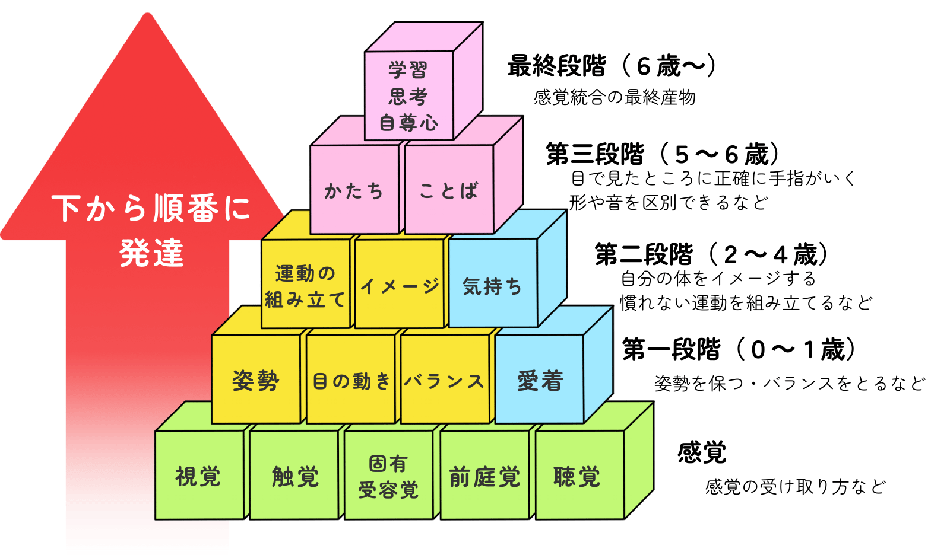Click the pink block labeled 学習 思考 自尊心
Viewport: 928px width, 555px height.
click(x=408, y=96)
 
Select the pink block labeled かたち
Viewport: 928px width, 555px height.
click(x=354, y=190)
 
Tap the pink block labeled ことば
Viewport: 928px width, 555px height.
click(x=449, y=190)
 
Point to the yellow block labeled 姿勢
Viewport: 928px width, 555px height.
click(x=256, y=379)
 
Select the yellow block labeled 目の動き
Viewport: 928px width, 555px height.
click(x=351, y=379)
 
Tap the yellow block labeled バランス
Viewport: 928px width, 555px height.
click(x=445, y=379)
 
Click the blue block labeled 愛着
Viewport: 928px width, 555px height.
click(x=539, y=379)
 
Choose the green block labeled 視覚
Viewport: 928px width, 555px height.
click(x=199, y=476)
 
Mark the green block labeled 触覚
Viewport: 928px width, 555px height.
click(x=294, y=476)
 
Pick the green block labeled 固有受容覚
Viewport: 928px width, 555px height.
click(x=389, y=476)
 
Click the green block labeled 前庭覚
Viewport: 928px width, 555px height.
click(x=484, y=476)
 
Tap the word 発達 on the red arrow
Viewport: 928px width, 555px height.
click(x=152, y=254)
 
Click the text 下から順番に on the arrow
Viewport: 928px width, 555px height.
click(x=151, y=208)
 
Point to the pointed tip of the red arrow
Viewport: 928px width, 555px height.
click(x=147, y=15)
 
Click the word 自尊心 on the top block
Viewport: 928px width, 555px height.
click(x=408, y=123)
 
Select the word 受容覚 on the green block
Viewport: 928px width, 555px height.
click(x=389, y=490)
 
